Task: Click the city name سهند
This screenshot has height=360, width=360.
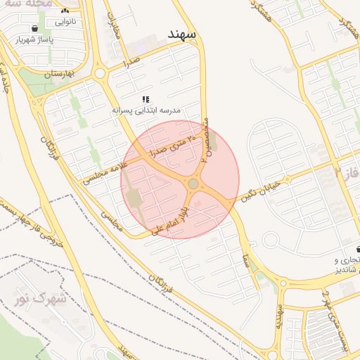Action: point(181,34)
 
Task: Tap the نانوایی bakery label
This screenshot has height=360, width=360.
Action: point(64,22)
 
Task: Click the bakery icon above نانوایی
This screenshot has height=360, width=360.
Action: point(65,11)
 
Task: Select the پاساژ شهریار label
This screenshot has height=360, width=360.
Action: point(37,39)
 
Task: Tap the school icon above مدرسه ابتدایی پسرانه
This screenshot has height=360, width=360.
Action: point(146,99)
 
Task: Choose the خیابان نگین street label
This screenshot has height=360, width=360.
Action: point(261,189)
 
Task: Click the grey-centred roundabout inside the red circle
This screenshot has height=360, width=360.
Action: point(193,184)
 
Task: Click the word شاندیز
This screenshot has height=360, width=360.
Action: point(346,270)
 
